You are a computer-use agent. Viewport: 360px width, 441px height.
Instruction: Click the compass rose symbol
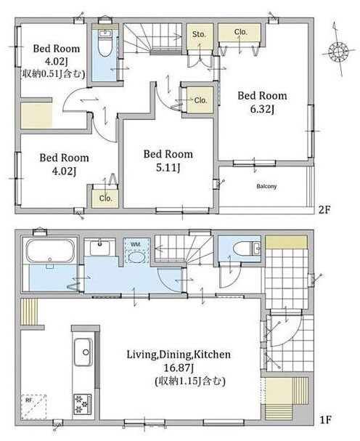pos(338,52)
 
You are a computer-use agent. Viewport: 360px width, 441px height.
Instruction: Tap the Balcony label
pos(266,186)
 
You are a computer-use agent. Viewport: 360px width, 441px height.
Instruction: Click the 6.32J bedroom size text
pos(262,109)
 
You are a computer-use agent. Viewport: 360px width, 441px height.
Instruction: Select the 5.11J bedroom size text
pos(168,168)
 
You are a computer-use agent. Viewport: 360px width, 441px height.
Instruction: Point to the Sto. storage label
pos(199,35)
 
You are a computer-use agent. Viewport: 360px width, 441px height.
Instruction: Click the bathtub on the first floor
pos(50,251)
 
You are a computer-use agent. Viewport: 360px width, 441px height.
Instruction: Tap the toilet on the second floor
pos(105,43)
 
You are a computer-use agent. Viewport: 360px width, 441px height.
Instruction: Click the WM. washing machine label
pos(136,244)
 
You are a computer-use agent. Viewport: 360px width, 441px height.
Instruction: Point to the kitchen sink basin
pos(83,352)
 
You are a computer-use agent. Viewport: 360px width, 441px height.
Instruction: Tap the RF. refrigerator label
pos(29,400)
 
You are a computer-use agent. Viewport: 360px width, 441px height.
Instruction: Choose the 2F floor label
pos(324,209)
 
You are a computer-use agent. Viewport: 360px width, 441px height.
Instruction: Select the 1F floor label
pos(326,420)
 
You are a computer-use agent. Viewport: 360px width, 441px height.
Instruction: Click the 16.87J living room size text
pos(179,368)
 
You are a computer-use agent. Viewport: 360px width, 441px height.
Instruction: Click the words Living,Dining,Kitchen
pos(179,355)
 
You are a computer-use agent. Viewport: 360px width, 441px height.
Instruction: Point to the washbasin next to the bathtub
pos(99,248)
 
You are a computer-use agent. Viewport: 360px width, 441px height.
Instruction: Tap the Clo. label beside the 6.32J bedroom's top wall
pos(240,32)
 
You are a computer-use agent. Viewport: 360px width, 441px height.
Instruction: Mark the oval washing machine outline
pos(137,256)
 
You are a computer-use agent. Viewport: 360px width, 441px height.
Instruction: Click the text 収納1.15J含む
pos(190,381)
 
